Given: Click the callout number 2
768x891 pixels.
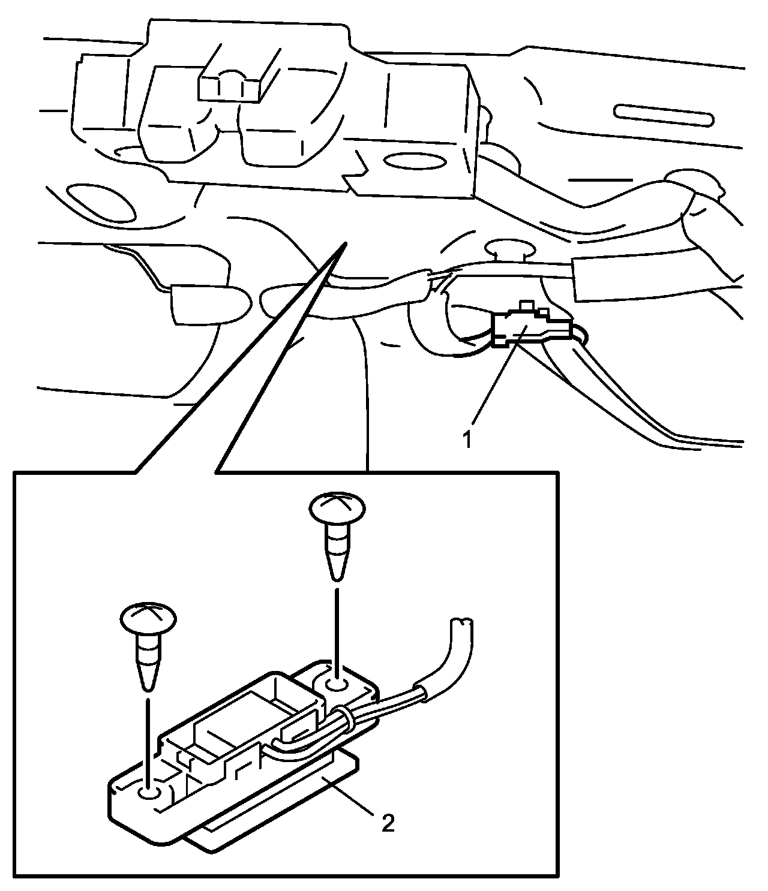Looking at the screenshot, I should coord(388,823).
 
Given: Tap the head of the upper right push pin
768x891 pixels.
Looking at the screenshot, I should coord(337,508).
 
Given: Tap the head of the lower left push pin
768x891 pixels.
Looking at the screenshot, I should coord(148,618).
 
